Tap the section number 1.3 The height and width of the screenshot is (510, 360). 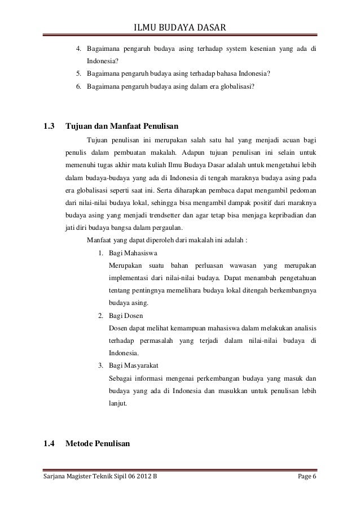[x=50, y=126]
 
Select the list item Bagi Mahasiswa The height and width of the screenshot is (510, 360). [x=133, y=252]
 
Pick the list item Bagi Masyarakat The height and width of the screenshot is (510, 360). [x=133, y=365]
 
